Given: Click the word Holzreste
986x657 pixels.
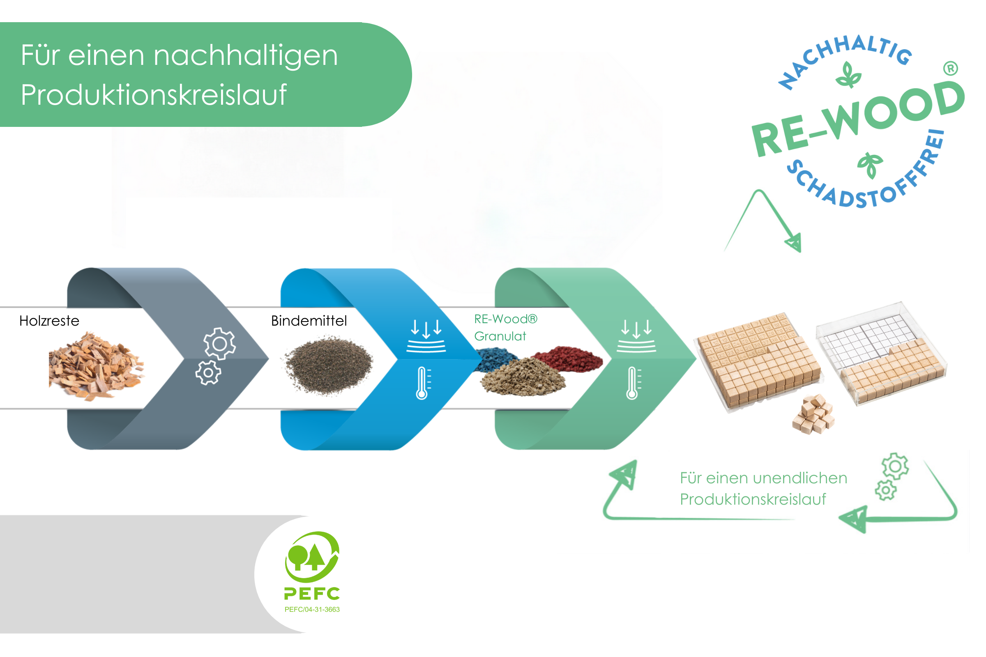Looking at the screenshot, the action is (x=49, y=321).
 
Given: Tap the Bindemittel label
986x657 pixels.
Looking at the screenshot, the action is (x=309, y=321).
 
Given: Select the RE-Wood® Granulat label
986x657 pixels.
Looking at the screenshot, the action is (x=506, y=328).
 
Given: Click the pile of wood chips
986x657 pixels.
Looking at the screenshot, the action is (x=97, y=366).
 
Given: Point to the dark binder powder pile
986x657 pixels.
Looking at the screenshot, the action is (x=329, y=365).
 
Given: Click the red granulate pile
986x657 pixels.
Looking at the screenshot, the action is (x=568, y=358).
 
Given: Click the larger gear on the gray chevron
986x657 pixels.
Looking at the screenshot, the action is (x=220, y=344).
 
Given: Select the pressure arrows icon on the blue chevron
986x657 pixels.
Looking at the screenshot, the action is (x=426, y=336).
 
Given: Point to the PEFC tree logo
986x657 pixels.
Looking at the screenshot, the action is (x=312, y=557).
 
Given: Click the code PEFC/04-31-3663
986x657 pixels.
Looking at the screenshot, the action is (x=312, y=610).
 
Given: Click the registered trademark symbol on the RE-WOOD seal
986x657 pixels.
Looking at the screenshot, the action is (x=951, y=68).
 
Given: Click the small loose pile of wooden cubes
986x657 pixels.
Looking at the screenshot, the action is (x=814, y=414).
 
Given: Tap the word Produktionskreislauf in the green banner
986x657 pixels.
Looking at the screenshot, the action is (x=154, y=95).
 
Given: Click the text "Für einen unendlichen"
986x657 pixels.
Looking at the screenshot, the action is (x=764, y=478).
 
